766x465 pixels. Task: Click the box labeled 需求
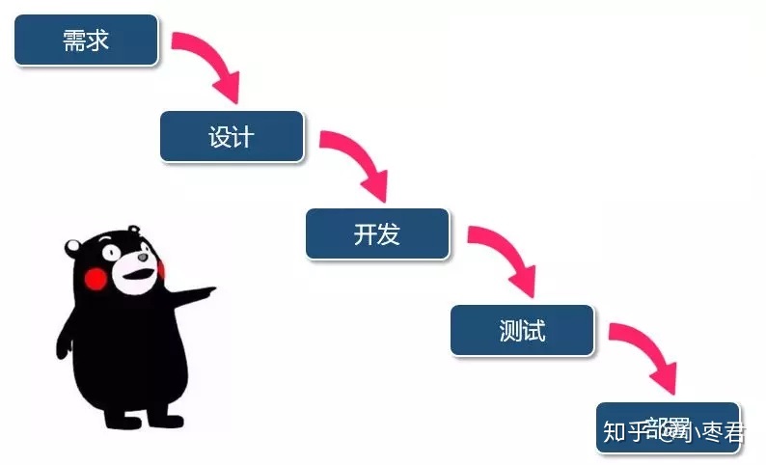tap(86, 40)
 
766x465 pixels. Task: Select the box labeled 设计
tap(232, 136)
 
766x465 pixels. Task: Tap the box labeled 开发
tap(377, 233)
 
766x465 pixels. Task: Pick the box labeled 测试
tap(522, 331)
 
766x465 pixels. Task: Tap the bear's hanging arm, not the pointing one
tap(68, 338)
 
